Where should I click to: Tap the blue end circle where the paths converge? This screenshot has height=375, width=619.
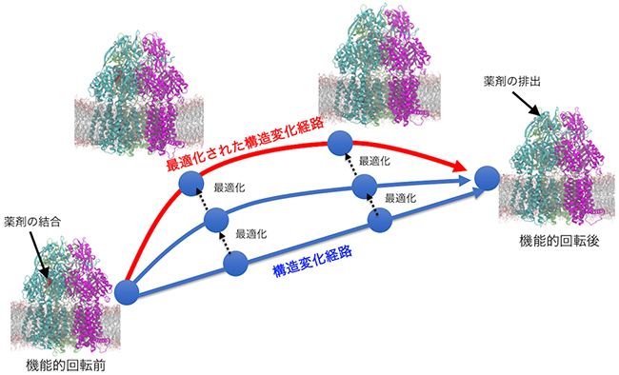coord(487,178)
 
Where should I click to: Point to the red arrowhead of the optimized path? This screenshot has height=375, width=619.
coord(462,168)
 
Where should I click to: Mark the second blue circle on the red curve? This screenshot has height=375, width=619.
coord(340,145)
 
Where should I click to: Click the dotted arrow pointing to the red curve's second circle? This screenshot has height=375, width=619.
coord(351,166)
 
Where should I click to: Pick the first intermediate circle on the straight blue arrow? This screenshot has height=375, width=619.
coord(233,263)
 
